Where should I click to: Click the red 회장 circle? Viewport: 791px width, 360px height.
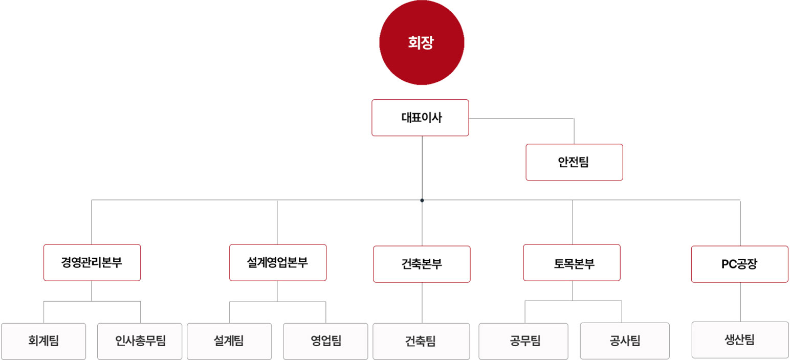[x=422, y=42]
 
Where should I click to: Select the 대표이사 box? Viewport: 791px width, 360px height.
[x=420, y=118]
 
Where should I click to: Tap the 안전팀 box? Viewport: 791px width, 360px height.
[x=574, y=162]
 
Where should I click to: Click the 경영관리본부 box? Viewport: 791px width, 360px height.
[x=92, y=263]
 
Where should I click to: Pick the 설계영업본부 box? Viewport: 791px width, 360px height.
[x=278, y=263]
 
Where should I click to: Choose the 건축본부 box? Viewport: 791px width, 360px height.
[x=422, y=264]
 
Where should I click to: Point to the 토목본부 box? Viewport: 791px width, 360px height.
[x=572, y=263]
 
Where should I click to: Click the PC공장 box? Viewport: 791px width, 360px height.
[x=740, y=264]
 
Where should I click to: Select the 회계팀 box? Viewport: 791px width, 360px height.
[x=43, y=341]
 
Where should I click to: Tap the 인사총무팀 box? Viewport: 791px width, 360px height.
[x=140, y=341]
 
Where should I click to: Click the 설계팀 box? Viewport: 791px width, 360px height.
[x=229, y=341]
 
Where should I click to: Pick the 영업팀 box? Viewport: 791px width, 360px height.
[x=325, y=341]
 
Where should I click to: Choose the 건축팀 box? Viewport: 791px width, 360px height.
[x=421, y=341]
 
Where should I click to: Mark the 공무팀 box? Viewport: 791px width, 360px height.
[x=523, y=341]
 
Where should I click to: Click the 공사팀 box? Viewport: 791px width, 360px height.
[x=625, y=341]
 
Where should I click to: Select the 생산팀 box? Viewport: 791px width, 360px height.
[x=740, y=340]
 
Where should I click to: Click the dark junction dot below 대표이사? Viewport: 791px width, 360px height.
[x=422, y=200]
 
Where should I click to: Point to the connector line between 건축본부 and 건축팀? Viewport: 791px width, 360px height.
[x=422, y=303]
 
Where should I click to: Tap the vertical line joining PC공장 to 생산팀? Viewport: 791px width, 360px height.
[x=740, y=302]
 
